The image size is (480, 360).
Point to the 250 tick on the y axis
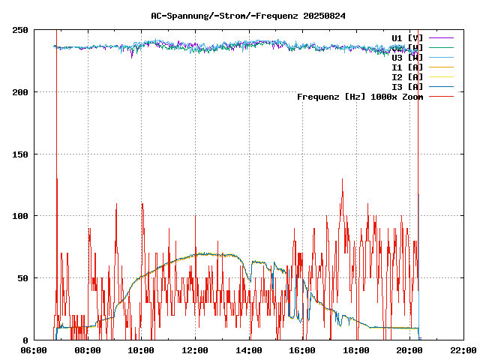(20, 30)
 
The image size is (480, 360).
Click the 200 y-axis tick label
(20, 92)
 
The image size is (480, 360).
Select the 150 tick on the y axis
(20, 154)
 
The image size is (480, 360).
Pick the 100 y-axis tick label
(20, 216)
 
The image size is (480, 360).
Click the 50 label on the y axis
(22, 278)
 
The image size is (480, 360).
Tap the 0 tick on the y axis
(25, 340)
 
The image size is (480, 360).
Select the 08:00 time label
(88, 350)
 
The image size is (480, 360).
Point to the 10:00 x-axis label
(141, 350)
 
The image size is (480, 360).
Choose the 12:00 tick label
(195, 350)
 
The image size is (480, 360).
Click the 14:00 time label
(249, 350)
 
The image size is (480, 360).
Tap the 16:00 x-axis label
(302, 350)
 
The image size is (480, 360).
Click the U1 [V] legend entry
(407, 37)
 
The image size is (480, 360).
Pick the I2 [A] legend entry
(407, 76)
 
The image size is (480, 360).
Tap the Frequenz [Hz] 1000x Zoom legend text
(360, 96)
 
